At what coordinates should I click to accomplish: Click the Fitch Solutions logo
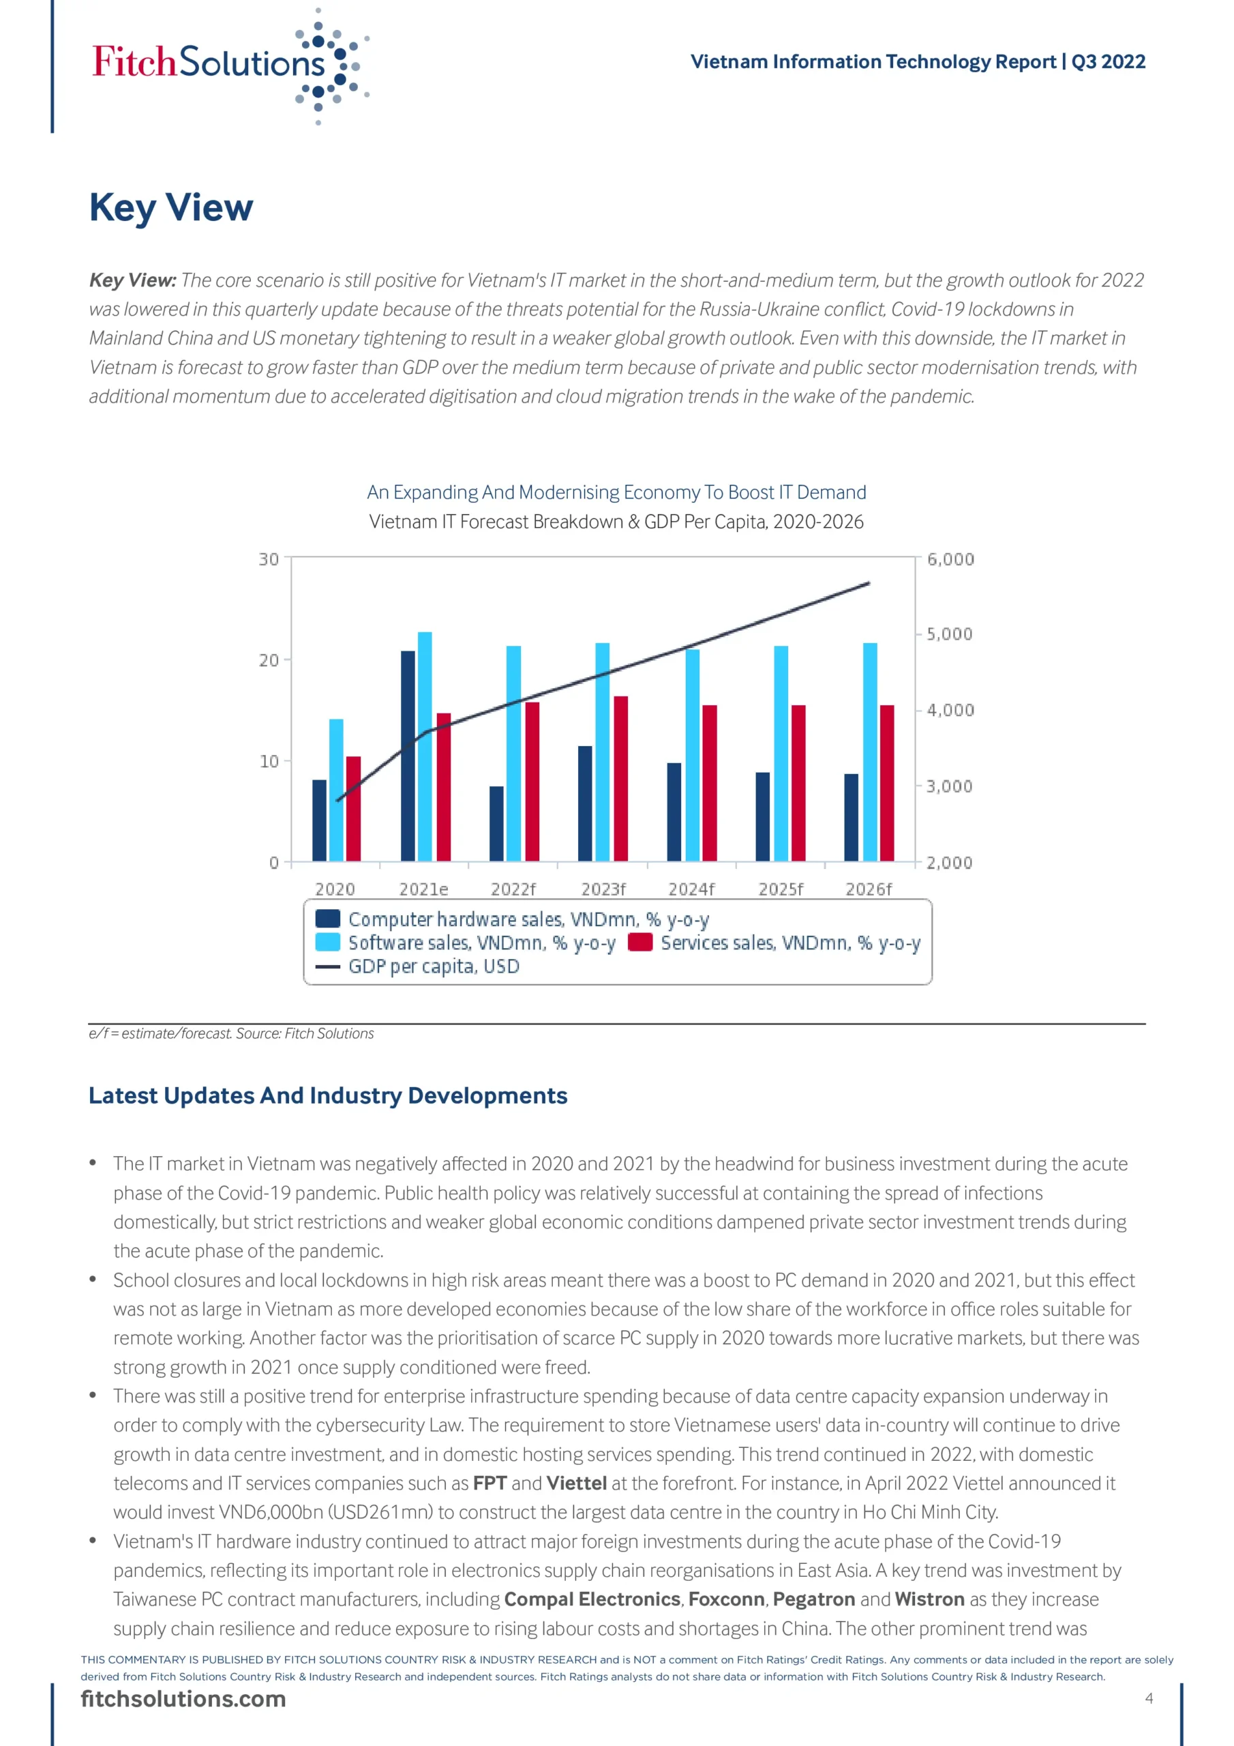(x=228, y=65)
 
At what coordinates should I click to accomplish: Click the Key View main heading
(x=171, y=207)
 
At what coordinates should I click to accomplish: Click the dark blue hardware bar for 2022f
(x=496, y=824)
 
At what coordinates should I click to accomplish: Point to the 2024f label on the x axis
(x=691, y=889)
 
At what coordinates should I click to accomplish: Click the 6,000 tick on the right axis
(x=950, y=560)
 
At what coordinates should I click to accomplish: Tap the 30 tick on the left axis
(x=269, y=560)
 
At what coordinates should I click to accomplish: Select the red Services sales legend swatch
(x=640, y=943)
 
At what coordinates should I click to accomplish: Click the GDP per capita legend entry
(x=434, y=966)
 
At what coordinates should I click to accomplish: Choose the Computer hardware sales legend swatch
(x=328, y=919)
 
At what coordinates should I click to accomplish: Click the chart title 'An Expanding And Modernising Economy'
(x=616, y=493)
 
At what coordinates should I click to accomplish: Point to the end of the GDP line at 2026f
(x=869, y=583)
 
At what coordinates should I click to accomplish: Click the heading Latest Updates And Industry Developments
(x=328, y=1096)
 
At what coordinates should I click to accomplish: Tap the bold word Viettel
(x=576, y=1483)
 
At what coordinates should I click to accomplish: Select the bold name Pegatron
(x=813, y=1599)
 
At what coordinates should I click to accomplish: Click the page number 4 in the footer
(x=1149, y=1698)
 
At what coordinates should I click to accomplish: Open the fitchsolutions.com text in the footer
(x=183, y=1699)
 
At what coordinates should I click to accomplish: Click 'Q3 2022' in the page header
(x=1108, y=61)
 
